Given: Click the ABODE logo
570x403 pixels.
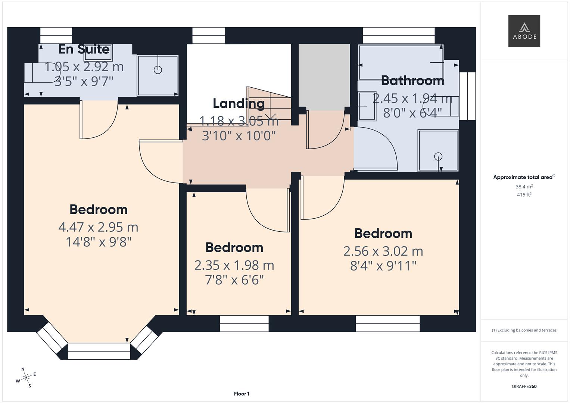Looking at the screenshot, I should tap(524, 31).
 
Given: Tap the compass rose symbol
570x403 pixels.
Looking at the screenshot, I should tap(26, 378).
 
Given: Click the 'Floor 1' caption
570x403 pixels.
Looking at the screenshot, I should tap(242, 394).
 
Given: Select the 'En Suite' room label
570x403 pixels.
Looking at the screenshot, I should tap(84, 49).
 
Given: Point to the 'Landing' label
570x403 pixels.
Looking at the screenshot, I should tap(239, 103).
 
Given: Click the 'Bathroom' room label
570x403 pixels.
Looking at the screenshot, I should tap(412, 80).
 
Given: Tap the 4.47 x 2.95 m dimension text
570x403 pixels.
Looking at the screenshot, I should tap(98, 227).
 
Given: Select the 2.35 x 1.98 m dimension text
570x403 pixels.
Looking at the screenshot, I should tap(234, 265).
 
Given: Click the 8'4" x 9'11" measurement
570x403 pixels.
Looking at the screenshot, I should tap(383, 266).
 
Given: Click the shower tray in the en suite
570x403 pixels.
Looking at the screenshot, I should tap(158, 75).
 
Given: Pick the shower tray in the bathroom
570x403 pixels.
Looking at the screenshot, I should tap(438, 150).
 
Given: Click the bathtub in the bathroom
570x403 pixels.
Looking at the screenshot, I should tap(400, 62).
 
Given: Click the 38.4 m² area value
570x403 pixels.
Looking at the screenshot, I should tap(524, 187).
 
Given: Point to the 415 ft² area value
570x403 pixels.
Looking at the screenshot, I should tap(524, 195).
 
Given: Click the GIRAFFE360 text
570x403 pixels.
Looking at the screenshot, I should tap(524, 386).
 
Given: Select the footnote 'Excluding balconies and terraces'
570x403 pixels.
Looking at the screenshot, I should tap(524, 330).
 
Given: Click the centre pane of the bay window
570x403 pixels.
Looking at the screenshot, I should tap(99, 352).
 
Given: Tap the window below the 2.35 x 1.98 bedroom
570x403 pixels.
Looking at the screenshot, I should tap(244, 324).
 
